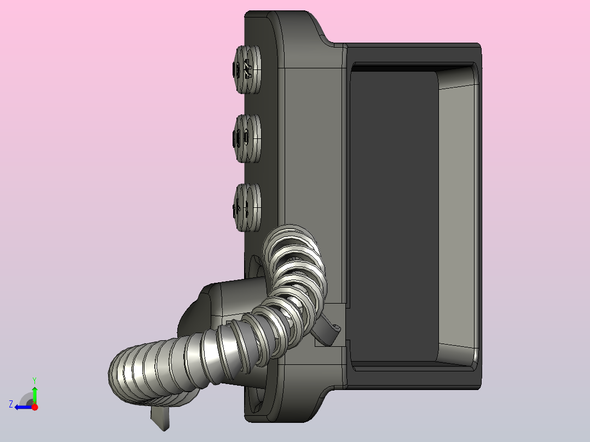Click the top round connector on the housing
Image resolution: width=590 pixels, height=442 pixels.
(247, 69)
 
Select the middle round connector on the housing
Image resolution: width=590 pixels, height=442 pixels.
(247, 138)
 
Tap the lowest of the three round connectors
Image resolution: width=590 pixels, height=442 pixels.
(247, 207)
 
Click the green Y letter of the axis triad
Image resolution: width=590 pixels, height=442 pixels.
(34, 381)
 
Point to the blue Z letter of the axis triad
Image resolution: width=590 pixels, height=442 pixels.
(11, 404)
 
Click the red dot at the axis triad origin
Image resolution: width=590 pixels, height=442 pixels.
(34, 407)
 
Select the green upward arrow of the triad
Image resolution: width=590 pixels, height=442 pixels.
(34, 394)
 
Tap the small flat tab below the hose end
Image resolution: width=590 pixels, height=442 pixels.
(160, 417)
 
